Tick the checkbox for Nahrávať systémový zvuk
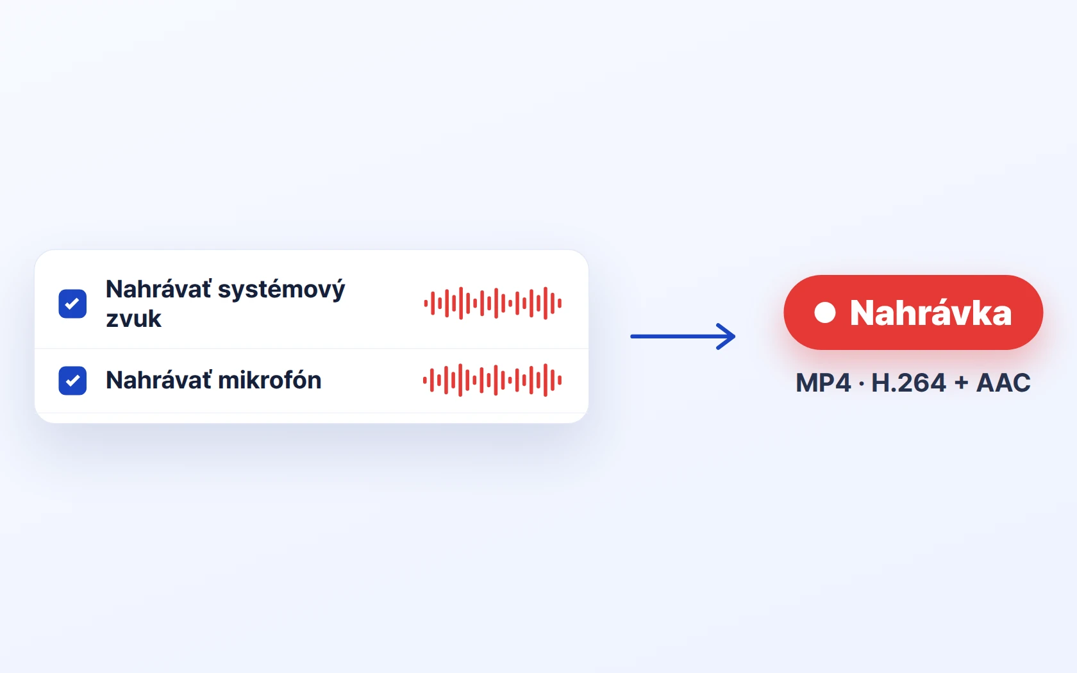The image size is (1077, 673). click(72, 304)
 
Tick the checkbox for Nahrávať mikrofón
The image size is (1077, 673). click(72, 381)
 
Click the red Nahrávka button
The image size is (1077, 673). click(913, 313)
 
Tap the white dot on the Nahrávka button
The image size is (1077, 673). click(825, 313)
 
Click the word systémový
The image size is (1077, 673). click(281, 290)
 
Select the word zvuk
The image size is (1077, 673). click(133, 319)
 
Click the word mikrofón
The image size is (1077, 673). click(270, 380)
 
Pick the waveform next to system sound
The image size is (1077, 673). click(493, 303)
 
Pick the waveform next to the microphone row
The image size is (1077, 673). click(492, 380)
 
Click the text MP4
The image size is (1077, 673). click(823, 383)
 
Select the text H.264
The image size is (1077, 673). click(909, 383)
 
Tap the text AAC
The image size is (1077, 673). click(1003, 383)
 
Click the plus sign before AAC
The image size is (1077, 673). click(961, 383)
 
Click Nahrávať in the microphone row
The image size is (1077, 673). click(158, 380)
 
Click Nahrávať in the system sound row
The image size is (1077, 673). click(158, 289)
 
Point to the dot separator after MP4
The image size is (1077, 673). click(861, 383)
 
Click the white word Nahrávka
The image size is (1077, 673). click(931, 313)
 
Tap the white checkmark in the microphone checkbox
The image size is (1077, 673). click(72, 381)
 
